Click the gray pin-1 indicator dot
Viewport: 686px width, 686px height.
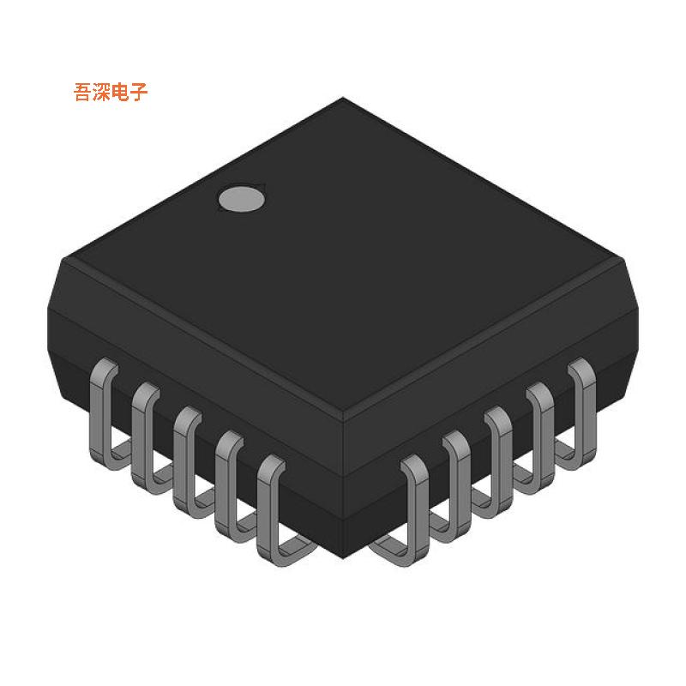coord(241,198)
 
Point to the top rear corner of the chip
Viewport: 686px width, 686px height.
coord(343,99)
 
